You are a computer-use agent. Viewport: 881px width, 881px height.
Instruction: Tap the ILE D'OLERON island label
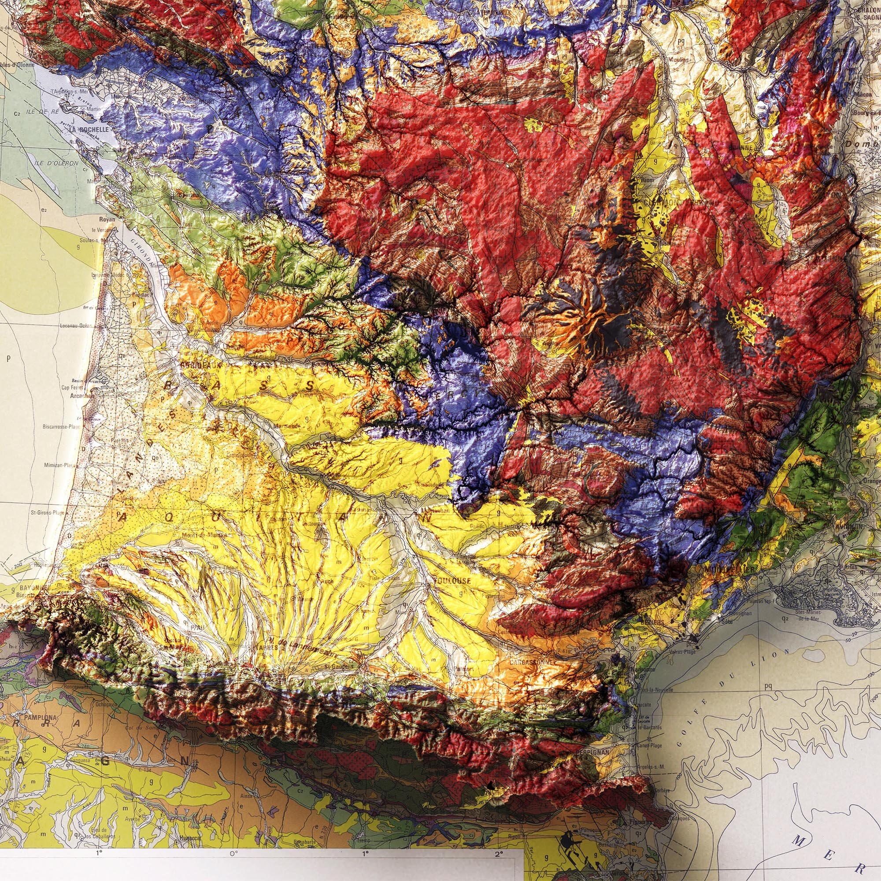[62, 163]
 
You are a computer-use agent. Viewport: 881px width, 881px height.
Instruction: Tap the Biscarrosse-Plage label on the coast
[62, 427]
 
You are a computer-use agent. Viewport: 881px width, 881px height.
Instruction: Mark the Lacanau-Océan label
[76, 326]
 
